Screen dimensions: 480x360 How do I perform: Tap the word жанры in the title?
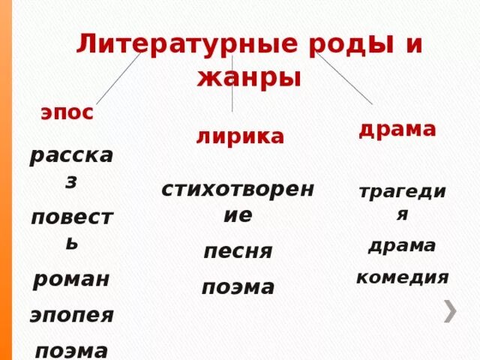[x=249, y=76]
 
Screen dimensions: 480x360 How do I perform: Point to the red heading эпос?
[x=67, y=113]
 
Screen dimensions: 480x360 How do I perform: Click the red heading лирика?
[x=240, y=136]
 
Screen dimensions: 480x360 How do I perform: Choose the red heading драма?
[x=397, y=129]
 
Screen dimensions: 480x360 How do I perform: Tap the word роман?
[x=70, y=280]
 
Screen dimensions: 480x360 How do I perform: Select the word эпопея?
[x=72, y=314]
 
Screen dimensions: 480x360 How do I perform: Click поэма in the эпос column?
[x=72, y=349]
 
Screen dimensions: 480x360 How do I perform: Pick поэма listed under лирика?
[x=238, y=286]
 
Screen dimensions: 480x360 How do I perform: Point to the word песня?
[x=238, y=251]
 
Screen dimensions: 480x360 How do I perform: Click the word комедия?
[x=402, y=277]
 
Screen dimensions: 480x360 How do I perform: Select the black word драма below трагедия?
[x=402, y=245]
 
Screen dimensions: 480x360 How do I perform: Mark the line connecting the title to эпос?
[x=118, y=78]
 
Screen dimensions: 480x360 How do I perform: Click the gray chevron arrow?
[x=450, y=310]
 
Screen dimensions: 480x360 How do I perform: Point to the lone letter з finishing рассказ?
[x=70, y=181]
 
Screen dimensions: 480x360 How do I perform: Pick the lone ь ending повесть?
[x=70, y=244]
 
